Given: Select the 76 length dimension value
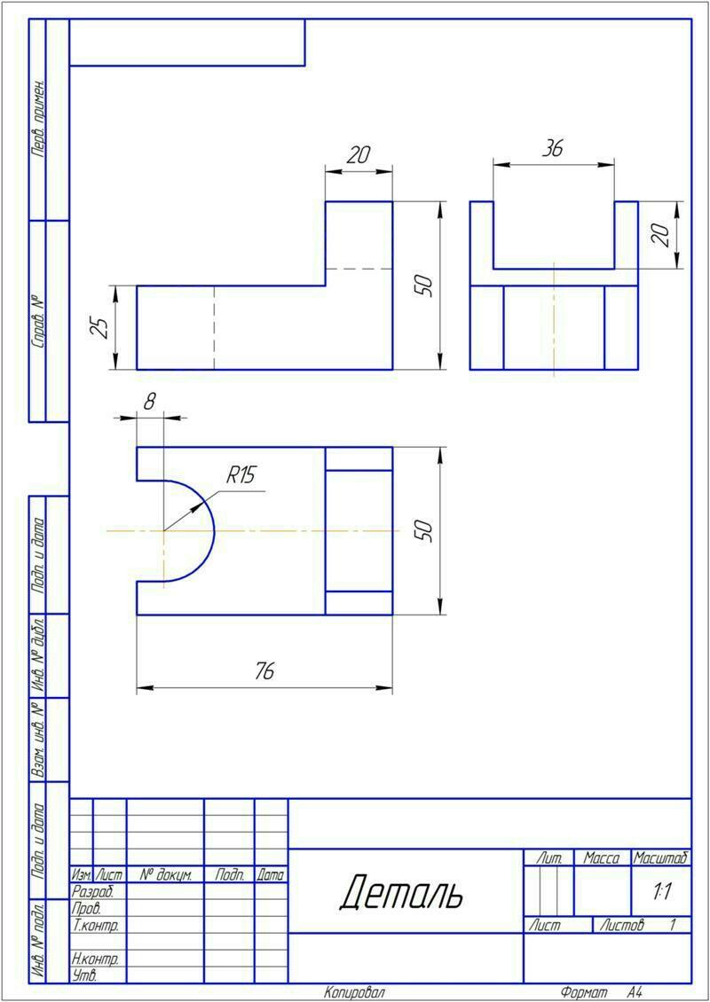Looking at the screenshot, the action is coord(264,671).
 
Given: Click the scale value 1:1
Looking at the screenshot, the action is coord(661,893).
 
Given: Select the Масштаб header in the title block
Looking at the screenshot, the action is coord(661,858).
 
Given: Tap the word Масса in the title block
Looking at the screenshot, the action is coord(602,859).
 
